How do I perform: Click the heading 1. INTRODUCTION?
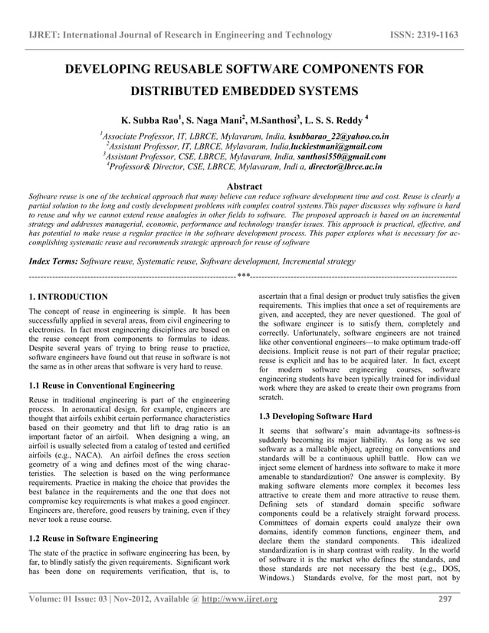tap(68, 296)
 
